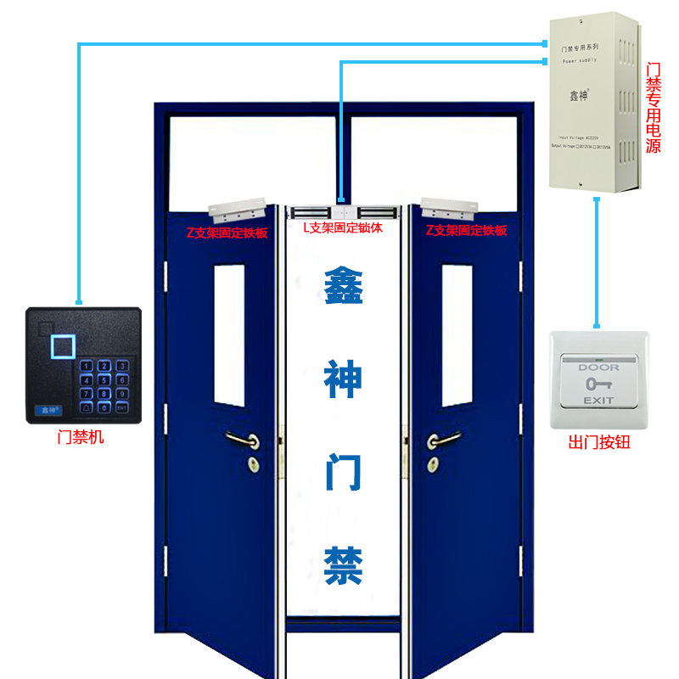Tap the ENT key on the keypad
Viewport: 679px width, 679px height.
click(123, 408)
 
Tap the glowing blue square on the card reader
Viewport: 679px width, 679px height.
click(63, 345)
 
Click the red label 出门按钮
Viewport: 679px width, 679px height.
click(599, 442)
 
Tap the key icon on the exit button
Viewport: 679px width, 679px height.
click(598, 384)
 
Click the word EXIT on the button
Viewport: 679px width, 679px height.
click(598, 400)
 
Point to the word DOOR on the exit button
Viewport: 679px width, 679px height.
click(598, 368)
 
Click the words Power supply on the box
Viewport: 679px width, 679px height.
click(580, 61)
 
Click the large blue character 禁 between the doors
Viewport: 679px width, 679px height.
click(344, 564)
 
